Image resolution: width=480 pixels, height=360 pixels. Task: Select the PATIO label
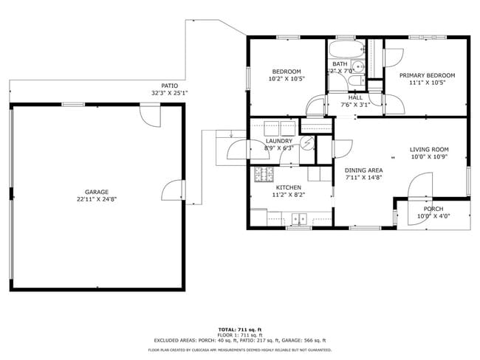tap(170, 86)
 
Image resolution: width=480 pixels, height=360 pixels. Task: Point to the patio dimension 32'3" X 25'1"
tap(170, 94)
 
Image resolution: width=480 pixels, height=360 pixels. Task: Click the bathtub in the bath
tap(346, 52)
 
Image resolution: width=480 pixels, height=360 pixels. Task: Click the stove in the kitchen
tap(262, 176)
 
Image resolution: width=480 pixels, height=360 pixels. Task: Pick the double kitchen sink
tap(299, 218)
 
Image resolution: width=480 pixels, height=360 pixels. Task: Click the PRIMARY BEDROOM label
tap(427, 75)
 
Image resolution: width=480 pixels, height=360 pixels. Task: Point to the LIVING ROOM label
tap(429, 150)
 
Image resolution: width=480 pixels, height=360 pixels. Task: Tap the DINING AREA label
tap(363, 170)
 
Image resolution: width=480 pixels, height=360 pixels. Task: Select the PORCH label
tap(433, 209)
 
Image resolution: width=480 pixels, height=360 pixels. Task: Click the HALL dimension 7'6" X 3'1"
tap(355, 105)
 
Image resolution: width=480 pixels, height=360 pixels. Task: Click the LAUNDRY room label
tap(278, 140)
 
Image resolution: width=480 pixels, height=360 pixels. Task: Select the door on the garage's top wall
tap(150, 114)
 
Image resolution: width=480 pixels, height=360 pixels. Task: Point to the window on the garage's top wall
tap(72, 105)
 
